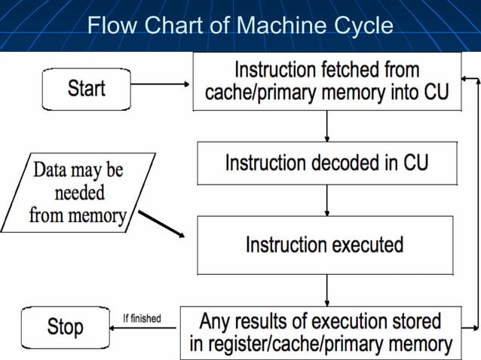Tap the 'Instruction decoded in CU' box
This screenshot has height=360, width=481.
326,163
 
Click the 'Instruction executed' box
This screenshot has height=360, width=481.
325,245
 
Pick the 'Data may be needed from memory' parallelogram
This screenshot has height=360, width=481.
78,192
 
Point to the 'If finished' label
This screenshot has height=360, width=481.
142,319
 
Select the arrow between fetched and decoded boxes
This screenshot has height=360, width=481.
326,126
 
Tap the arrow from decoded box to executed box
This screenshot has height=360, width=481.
326,200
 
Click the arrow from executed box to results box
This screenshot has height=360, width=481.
326,290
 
